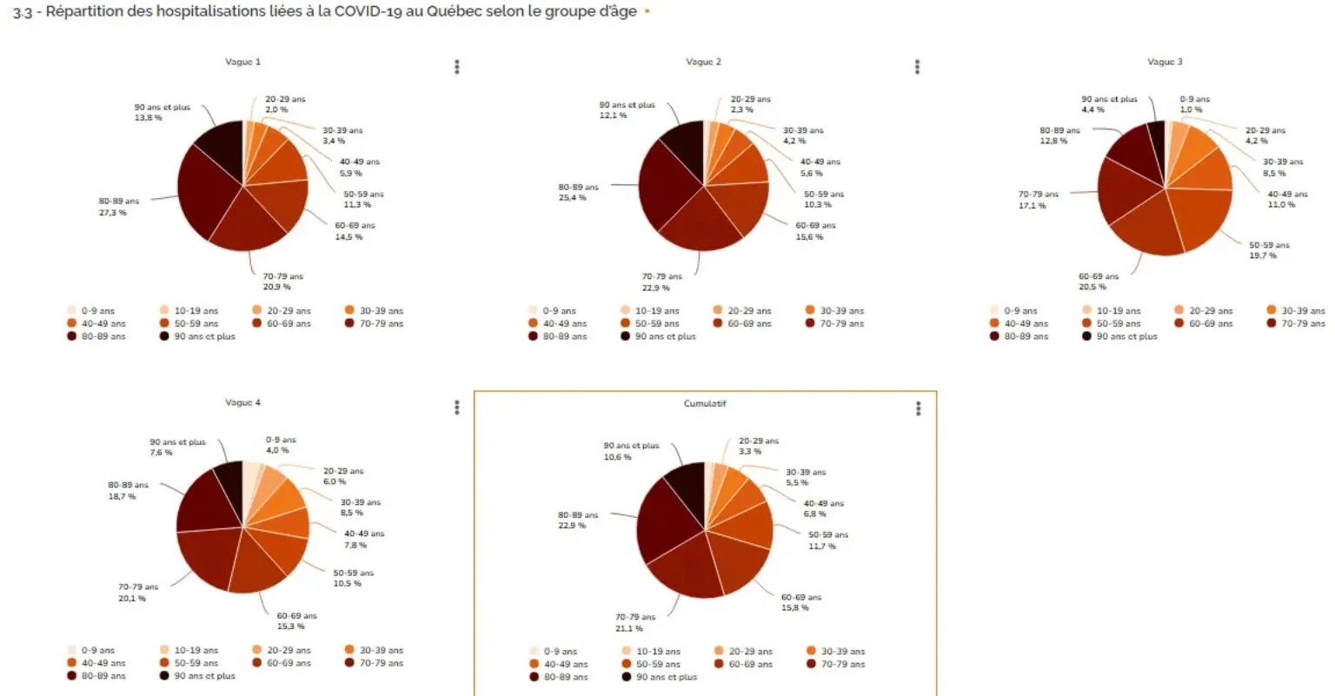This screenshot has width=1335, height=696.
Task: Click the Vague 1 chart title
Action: point(242,62)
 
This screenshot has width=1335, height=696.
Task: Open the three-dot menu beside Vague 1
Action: point(457,67)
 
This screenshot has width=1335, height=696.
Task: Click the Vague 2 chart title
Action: point(703,62)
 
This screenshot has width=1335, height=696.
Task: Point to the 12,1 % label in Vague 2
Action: point(613,116)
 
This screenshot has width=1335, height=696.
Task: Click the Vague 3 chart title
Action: point(1165,62)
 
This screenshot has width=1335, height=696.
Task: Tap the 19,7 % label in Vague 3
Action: point(1263,256)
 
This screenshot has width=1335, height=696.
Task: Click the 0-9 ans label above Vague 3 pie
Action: point(1194,99)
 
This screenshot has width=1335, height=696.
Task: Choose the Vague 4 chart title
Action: point(242,402)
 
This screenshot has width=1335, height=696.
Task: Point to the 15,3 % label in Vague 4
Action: point(290,626)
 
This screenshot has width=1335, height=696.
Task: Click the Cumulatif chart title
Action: point(704,404)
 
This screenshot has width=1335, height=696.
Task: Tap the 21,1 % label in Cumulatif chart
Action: point(628,628)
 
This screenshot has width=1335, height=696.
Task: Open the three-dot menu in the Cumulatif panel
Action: point(919,408)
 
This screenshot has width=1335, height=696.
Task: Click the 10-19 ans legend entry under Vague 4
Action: point(196,650)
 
